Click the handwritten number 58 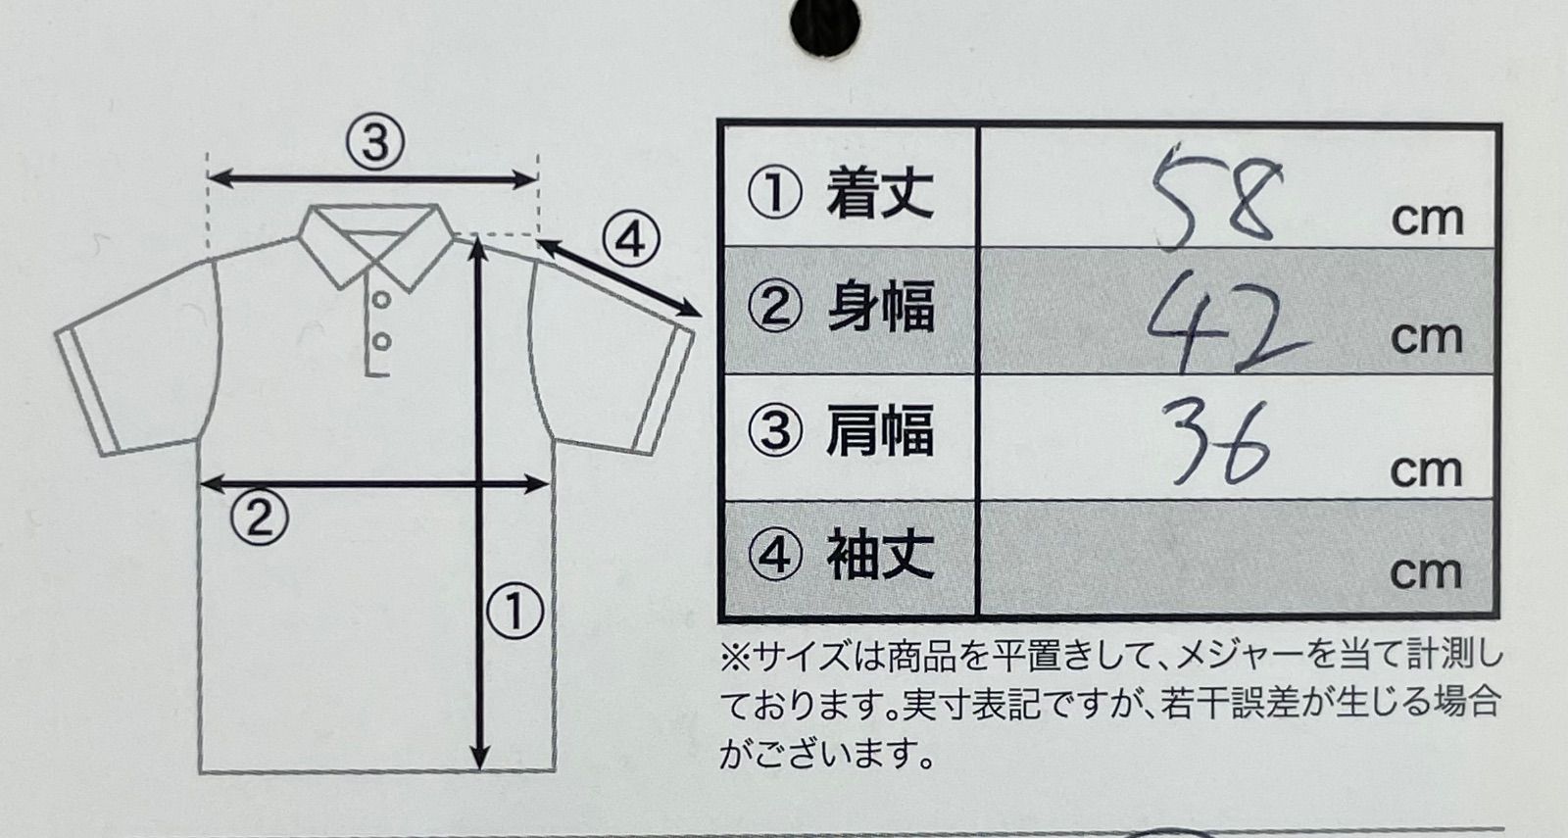point(1218,197)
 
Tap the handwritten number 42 point(1226,322)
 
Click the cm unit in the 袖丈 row point(1426,573)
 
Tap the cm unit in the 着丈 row point(1427,220)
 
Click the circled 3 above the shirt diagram point(376,142)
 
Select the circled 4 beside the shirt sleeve point(631,241)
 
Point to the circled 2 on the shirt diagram point(259,518)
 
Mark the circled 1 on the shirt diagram point(515,612)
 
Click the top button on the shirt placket point(381,300)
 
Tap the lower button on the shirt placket point(381,342)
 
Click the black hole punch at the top point(825,24)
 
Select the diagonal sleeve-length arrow point(618,278)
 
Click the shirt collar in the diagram point(376,245)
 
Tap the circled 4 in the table point(775,556)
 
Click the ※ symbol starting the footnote point(735,658)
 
